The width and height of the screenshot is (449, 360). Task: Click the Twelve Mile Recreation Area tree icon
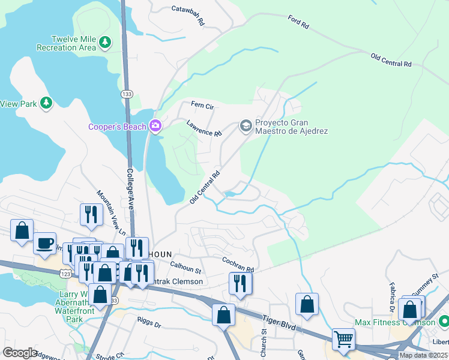coord(105,42)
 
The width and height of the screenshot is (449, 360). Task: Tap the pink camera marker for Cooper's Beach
coord(155,126)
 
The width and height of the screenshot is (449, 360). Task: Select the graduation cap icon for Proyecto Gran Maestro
coord(245,125)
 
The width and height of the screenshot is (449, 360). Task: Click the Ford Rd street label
coord(298,22)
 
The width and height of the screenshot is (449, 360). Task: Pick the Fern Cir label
coord(202,105)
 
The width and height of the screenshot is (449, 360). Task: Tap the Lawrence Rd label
coord(204,128)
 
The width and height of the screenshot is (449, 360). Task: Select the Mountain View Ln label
coord(111,213)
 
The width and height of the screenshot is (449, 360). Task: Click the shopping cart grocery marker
coord(343,339)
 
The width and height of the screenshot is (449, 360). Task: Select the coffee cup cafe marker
coord(44,242)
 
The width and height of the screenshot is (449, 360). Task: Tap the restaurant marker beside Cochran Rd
coord(240,283)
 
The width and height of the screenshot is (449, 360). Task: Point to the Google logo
coord(20,352)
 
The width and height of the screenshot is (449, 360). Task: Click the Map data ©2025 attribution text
coord(423,355)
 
